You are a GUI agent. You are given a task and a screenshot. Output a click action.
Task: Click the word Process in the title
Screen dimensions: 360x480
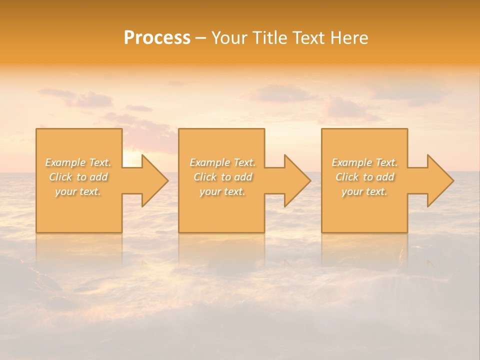[x=157, y=38]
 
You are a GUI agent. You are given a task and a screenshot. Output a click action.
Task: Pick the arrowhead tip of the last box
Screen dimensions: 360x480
[x=453, y=180]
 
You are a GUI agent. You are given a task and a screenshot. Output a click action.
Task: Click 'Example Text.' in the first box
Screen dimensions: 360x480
[x=78, y=162]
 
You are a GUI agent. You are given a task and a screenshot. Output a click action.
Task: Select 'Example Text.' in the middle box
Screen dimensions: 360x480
[x=222, y=162]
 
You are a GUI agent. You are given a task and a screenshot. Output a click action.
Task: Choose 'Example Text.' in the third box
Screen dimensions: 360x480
[x=364, y=162]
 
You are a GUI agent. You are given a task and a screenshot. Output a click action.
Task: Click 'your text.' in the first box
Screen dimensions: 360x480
[x=78, y=191]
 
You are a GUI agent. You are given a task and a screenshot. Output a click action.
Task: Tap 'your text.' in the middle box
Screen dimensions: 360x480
[x=222, y=191]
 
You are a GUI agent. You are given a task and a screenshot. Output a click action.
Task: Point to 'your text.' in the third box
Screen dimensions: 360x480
[x=364, y=191]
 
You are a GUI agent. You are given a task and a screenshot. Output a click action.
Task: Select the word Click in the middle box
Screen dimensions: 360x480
[x=204, y=177]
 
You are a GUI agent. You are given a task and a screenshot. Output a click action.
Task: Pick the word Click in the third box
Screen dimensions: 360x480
[x=346, y=177]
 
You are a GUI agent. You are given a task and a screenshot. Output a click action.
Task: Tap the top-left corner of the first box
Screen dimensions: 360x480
[x=36, y=129]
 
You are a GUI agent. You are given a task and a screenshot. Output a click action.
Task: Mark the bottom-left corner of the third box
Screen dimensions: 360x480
[x=322, y=232]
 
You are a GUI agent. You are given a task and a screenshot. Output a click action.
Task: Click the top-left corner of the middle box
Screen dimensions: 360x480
[x=179, y=129]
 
